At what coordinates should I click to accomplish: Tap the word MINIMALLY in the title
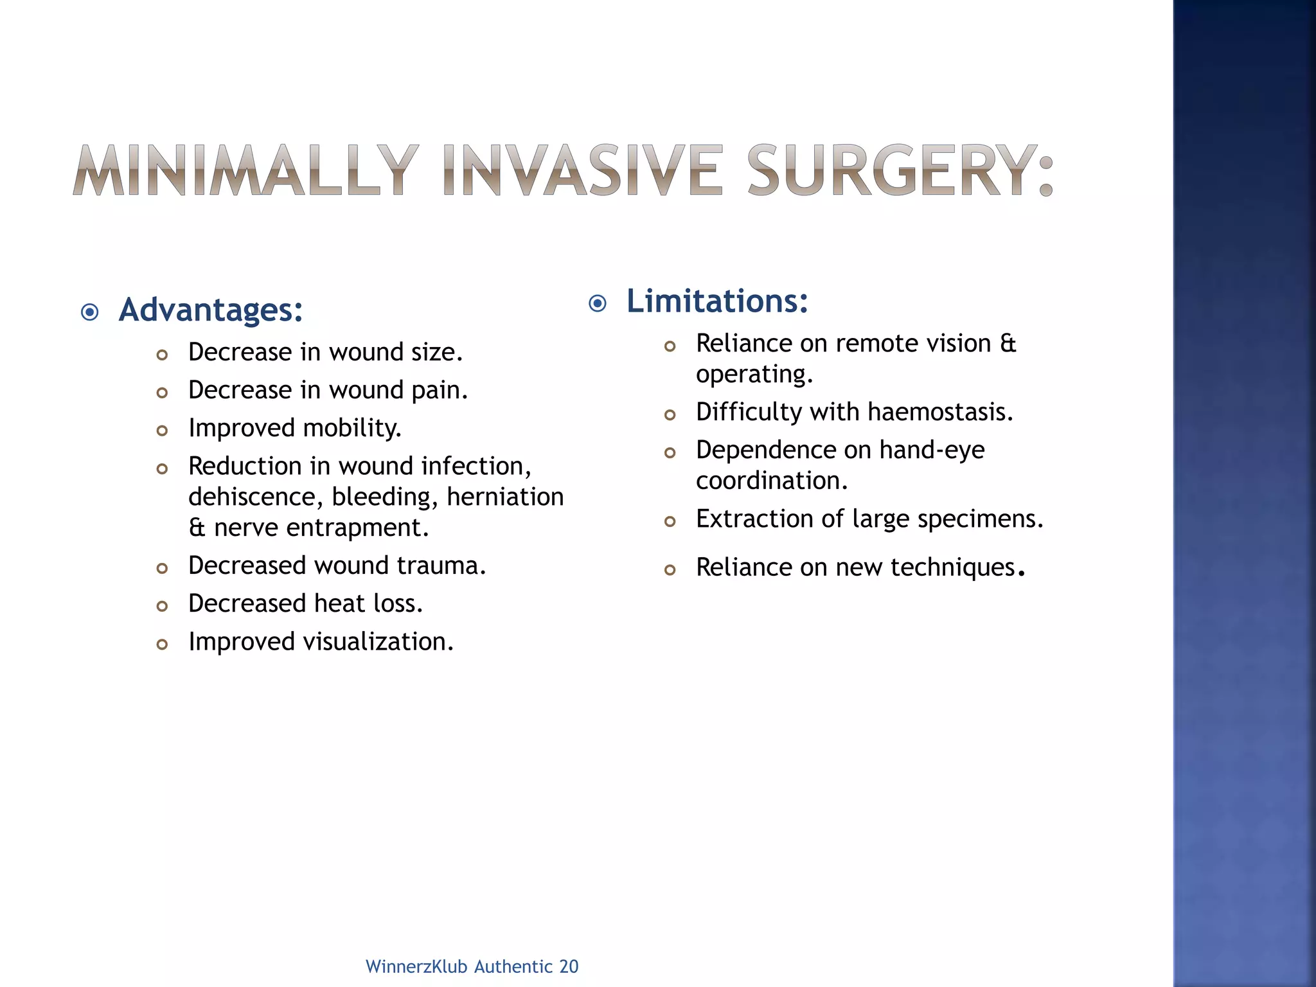245,170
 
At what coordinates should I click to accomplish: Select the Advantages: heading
211,310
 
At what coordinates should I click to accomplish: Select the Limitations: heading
717,301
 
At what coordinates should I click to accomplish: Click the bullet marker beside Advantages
90,313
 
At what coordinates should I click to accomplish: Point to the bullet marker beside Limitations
598,303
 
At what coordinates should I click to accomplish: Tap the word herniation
505,497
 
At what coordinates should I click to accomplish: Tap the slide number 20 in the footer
569,966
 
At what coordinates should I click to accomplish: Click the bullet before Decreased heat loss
162,606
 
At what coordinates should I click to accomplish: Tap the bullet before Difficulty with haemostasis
670,415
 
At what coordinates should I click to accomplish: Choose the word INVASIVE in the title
582,170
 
